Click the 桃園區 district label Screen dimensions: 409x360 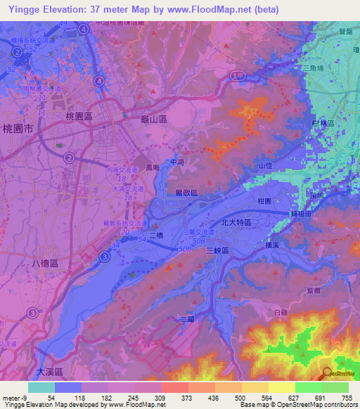79,115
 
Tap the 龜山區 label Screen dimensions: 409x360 153,121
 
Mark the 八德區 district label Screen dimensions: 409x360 46,261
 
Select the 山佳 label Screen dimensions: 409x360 265,164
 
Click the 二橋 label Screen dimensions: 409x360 156,237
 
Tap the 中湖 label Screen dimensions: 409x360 178,162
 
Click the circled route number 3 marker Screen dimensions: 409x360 104,258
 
